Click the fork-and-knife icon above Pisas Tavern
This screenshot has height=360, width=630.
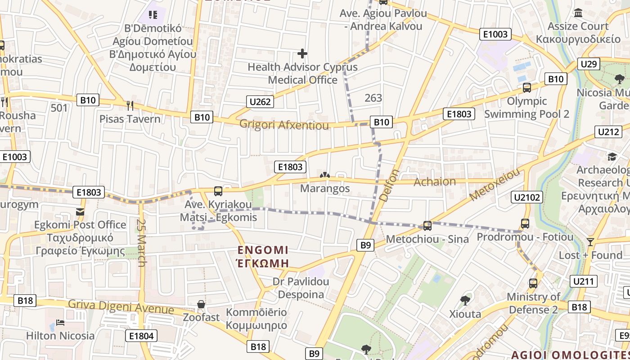(130, 106)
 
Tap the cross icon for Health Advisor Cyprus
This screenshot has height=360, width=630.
(302, 54)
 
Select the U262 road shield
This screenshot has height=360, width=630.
(260, 102)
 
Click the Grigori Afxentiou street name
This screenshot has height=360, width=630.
(284, 125)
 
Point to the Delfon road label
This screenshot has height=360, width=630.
(390, 185)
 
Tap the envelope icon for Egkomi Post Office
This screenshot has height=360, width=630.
(80, 211)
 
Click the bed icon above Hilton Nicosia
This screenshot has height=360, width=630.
(60, 323)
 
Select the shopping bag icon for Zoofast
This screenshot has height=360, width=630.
(201, 304)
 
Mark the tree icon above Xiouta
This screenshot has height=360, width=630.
(465, 300)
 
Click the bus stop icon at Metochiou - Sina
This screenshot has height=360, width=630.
(427, 226)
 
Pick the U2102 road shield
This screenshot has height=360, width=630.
(527, 197)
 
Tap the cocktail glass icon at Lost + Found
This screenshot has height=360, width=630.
(590, 242)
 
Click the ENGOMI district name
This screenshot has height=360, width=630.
(263, 250)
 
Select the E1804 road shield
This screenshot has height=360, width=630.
(141, 336)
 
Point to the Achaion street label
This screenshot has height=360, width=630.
(435, 181)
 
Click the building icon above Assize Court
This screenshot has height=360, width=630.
(578, 13)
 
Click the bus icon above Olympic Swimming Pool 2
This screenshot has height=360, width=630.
(526, 88)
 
